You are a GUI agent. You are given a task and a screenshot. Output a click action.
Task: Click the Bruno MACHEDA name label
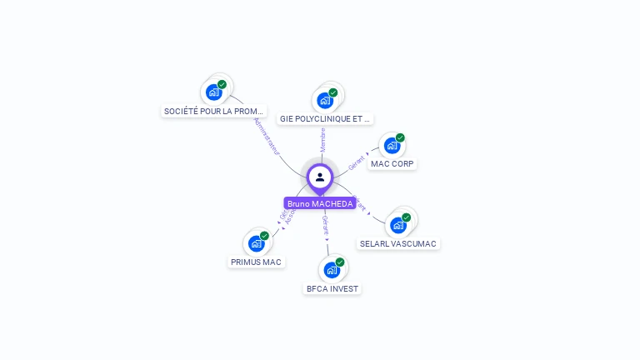click(320, 203)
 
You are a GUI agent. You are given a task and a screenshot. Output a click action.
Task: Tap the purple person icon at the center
click(320, 177)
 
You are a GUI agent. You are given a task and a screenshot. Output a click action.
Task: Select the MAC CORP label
click(393, 164)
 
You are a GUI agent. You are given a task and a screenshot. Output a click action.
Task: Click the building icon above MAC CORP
click(392, 146)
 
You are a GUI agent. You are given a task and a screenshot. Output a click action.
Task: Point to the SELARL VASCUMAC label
click(397, 244)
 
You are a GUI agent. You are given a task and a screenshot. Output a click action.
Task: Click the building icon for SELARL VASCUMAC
click(398, 225)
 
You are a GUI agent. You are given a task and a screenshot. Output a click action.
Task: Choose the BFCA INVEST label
click(332, 289)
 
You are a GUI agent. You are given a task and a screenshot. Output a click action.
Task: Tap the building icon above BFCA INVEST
click(332, 270)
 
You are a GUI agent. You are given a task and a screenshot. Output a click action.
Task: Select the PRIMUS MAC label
click(257, 262)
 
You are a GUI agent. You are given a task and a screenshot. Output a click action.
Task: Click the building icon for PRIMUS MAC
click(257, 243)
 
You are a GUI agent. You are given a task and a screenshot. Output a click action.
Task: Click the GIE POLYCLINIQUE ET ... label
click(325, 119)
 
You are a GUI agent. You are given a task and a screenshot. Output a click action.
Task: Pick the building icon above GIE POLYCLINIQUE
click(325, 100)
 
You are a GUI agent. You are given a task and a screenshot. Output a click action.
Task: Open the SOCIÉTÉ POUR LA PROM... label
click(214, 111)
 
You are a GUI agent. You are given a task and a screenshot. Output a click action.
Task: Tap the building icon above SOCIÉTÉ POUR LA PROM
click(214, 92)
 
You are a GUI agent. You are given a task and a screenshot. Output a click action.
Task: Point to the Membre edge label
click(322, 139)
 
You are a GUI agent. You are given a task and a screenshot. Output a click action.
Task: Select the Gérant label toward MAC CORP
click(357, 162)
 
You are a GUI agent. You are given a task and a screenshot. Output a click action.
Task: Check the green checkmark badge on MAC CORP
click(400, 137)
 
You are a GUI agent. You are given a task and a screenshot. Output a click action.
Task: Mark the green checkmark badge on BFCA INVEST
click(340, 262)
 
